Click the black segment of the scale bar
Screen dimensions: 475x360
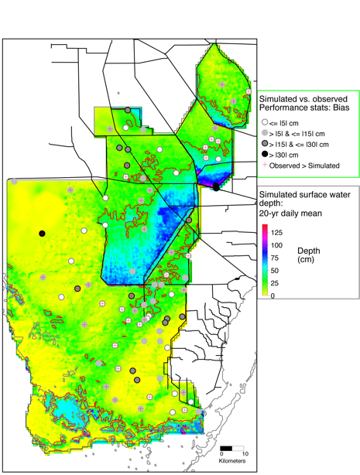[x=225, y=448]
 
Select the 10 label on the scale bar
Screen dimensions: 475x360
[x=245, y=454]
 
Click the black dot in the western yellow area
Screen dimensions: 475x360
[x=43, y=233]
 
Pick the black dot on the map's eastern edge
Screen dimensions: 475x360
[x=215, y=186]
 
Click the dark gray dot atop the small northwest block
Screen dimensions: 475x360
[x=127, y=110]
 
